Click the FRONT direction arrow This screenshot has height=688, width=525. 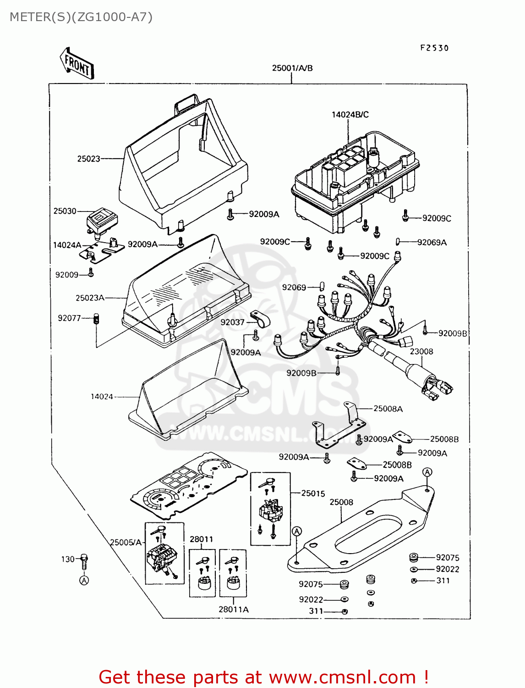point(77,64)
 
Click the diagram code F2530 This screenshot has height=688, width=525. point(434,48)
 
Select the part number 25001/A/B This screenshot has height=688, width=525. point(292,68)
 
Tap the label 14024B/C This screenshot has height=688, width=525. point(350,115)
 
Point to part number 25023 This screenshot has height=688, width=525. point(88,159)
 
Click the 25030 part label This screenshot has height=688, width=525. point(65,211)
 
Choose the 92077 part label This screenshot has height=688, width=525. point(69,318)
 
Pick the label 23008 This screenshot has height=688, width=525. point(421,351)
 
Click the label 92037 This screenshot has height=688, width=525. point(232,322)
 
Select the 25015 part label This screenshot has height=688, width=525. point(313,494)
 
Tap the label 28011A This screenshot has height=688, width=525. point(234,610)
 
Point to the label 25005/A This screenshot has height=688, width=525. point(126,542)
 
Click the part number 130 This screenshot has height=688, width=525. point(68,559)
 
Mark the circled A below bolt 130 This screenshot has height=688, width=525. point(84,580)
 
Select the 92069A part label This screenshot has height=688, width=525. point(432,242)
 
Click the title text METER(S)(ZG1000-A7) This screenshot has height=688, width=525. point(81,17)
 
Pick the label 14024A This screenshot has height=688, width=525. point(67,245)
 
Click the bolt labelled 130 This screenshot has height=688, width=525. point(84,560)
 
